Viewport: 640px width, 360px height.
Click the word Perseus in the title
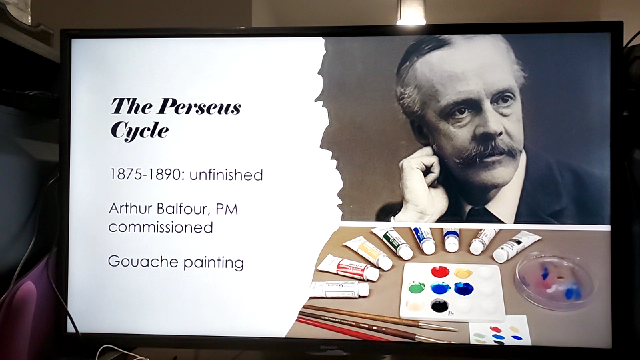(x=199, y=106)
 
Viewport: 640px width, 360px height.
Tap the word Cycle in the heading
(x=139, y=131)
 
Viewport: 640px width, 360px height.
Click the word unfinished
(x=226, y=175)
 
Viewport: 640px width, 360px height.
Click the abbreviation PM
(x=227, y=209)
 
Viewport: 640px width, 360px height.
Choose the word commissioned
(x=161, y=227)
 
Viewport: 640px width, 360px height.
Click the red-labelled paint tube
(x=348, y=268)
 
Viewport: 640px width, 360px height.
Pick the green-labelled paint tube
(x=393, y=243)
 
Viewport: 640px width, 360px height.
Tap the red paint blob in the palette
(x=440, y=271)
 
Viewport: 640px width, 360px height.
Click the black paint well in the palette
(x=439, y=305)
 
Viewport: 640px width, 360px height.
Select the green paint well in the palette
(x=417, y=288)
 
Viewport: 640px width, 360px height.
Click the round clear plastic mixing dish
(x=555, y=281)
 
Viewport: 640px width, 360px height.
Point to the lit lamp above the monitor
(x=411, y=12)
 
